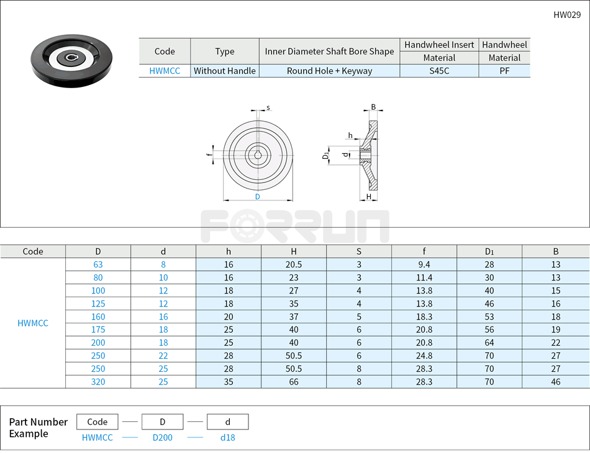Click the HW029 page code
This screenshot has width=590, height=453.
coord(567,15)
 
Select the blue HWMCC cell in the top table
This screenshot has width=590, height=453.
coord(165,71)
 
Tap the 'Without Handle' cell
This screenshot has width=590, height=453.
coord(225,71)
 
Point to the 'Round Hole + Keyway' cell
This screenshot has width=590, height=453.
coord(329,71)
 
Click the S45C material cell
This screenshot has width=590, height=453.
coord(439,71)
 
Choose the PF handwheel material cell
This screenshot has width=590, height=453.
coord(504,71)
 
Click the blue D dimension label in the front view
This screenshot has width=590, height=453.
coord(257,197)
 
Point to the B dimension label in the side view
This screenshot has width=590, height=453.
coord(373,107)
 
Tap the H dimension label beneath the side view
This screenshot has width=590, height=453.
coord(369,197)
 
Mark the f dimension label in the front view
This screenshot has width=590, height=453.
coord(208,153)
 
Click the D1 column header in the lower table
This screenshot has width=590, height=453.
coord(489,251)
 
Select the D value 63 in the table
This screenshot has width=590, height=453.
coord(98,264)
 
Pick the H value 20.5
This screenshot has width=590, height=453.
coord(294,264)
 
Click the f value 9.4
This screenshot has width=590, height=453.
coord(424,264)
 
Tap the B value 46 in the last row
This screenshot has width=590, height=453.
coord(555,382)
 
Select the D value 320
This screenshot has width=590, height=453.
coord(98,382)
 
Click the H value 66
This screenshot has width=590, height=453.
coord(294,382)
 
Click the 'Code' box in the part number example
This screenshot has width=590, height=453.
coord(98,422)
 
